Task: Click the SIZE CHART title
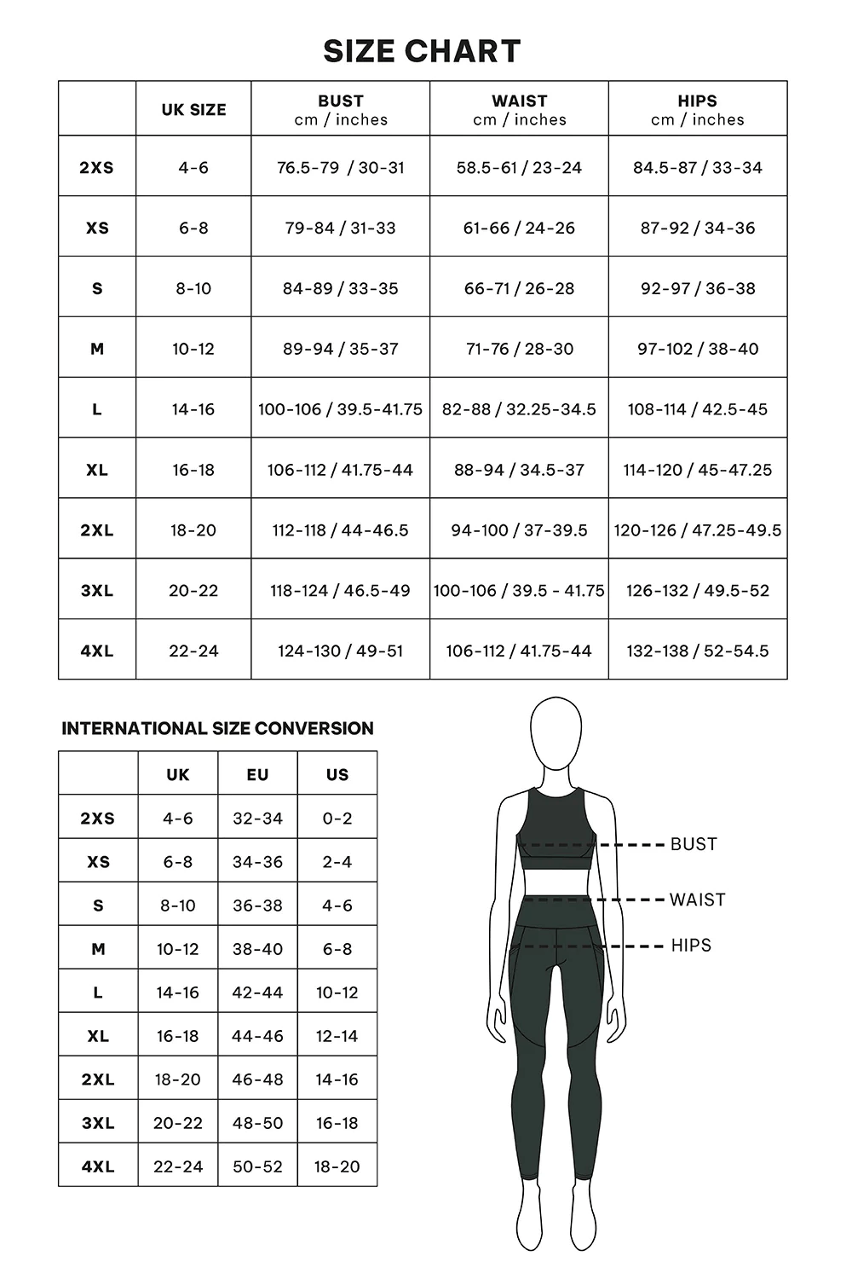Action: coord(422,51)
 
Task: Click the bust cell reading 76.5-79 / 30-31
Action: coord(341,168)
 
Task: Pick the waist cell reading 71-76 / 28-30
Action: coord(519,349)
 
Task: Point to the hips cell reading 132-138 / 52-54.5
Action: coord(697,651)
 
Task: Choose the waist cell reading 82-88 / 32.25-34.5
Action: coord(519,409)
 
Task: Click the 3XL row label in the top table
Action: coord(97,590)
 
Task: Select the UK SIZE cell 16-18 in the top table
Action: coord(193,470)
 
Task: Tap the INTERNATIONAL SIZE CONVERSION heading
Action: coord(217,728)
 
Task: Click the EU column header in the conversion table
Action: coord(257,774)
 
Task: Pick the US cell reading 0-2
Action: coord(337,819)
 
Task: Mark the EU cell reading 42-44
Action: coord(257,993)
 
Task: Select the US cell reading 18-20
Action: coord(337,1166)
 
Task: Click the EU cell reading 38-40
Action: coord(257,949)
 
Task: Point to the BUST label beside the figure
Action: coord(694,844)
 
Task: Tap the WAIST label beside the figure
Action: coord(697,900)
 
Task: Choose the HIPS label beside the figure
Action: coord(691,946)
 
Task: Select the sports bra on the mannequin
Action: coord(556,827)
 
